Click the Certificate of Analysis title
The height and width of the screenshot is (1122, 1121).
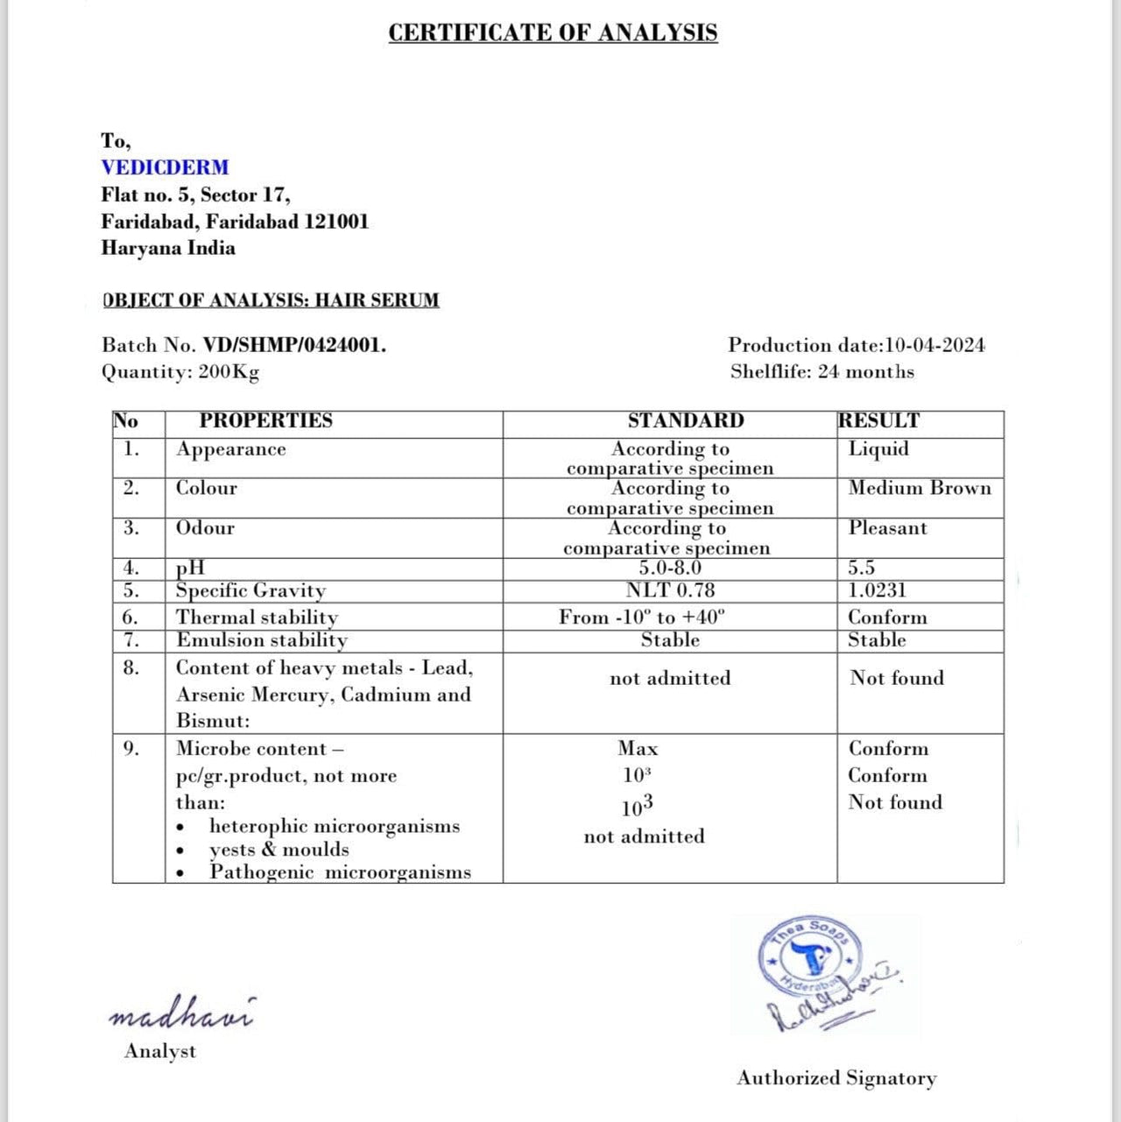pyautogui.click(x=553, y=33)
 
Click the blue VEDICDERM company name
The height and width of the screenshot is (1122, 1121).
pyautogui.click(x=165, y=167)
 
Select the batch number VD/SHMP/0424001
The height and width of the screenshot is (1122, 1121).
pyautogui.click(x=294, y=345)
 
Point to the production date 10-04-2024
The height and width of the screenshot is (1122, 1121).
pyautogui.click(x=934, y=345)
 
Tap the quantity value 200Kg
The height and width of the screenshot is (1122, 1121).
pyautogui.click(x=229, y=372)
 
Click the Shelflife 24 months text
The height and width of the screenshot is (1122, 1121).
pyautogui.click(x=821, y=372)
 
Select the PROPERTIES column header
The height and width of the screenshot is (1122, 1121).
pyautogui.click(x=265, y=420)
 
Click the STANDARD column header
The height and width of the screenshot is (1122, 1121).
pyautogui.click(x=685, y=420)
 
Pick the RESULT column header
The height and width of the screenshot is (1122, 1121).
pyautogui.click(x=878, y=420)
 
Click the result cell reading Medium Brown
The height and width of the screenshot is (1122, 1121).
pyautogui.click(x=920, y=488)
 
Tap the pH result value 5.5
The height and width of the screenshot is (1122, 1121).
pyautogui.click(x=861, y=568)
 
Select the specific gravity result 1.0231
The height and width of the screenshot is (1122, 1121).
pyautogui.click(x=877, y=590)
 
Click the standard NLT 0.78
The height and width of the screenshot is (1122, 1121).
pyautogui.click(x=670, y=590)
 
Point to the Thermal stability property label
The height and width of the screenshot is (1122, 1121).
pyautogui.click(x=257, y=617)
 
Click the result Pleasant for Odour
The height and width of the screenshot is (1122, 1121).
pyautogui.click(x=887, y=528)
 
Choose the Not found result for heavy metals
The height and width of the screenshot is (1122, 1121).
pyautogui.click(x=897, y=678)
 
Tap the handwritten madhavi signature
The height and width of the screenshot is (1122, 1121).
pyautogui.click(x=181, y=1013)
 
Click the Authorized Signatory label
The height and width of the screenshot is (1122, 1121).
pyautogui.click(x=836, y=1078)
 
